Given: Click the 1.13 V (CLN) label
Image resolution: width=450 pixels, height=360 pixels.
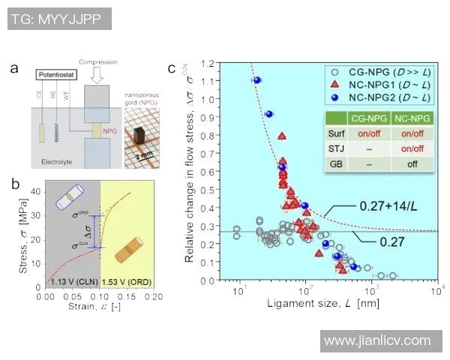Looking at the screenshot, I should (72, 280).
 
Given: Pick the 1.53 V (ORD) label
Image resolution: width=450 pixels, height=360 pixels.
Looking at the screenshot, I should (126, 280).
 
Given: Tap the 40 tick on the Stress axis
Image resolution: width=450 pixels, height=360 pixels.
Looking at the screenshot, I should (40, 191).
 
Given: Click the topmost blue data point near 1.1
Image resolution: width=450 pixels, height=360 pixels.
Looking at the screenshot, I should (256, 80).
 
